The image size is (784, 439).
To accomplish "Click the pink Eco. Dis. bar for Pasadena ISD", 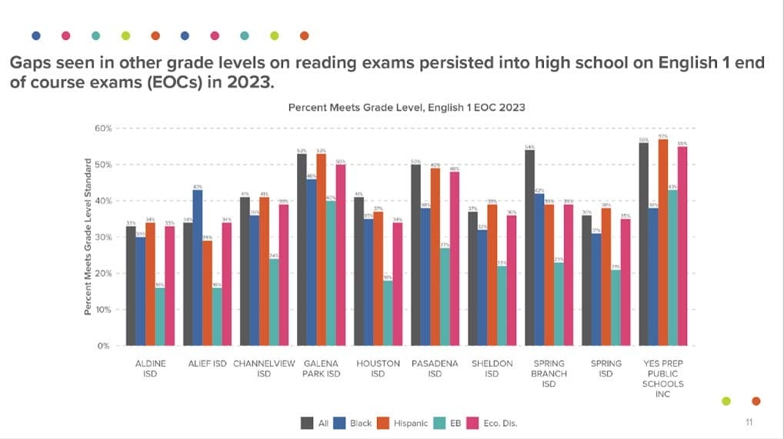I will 454,258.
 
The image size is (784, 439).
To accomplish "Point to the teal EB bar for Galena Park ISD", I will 330,273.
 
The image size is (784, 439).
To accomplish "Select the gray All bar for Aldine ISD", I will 131,285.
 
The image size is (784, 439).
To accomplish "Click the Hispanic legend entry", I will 408,423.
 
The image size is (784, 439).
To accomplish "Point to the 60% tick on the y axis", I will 103,128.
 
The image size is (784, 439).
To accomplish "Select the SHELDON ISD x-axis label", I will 492,368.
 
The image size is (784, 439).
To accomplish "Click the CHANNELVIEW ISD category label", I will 264,368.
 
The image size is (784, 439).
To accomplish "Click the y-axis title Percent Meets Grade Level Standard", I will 88,236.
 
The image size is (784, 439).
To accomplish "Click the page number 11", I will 749,422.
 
